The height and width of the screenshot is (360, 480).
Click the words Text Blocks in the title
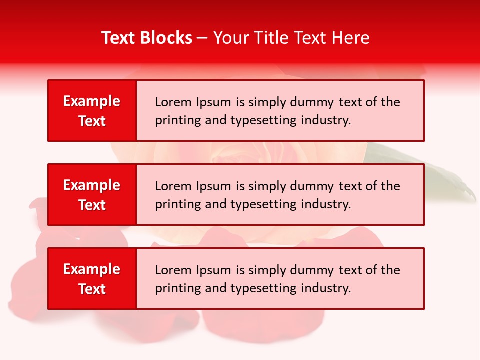coord(147,38)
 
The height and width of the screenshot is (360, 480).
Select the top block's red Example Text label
coord(92,111)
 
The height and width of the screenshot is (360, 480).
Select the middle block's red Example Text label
coord(92,195)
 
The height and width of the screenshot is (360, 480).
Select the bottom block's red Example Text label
coord(92,279)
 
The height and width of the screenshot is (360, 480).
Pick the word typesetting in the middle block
coord(264,204)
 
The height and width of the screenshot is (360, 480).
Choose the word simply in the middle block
coord(264,186)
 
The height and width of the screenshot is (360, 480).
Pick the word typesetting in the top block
coord(264,120)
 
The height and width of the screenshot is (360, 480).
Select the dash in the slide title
coord(202,38)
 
